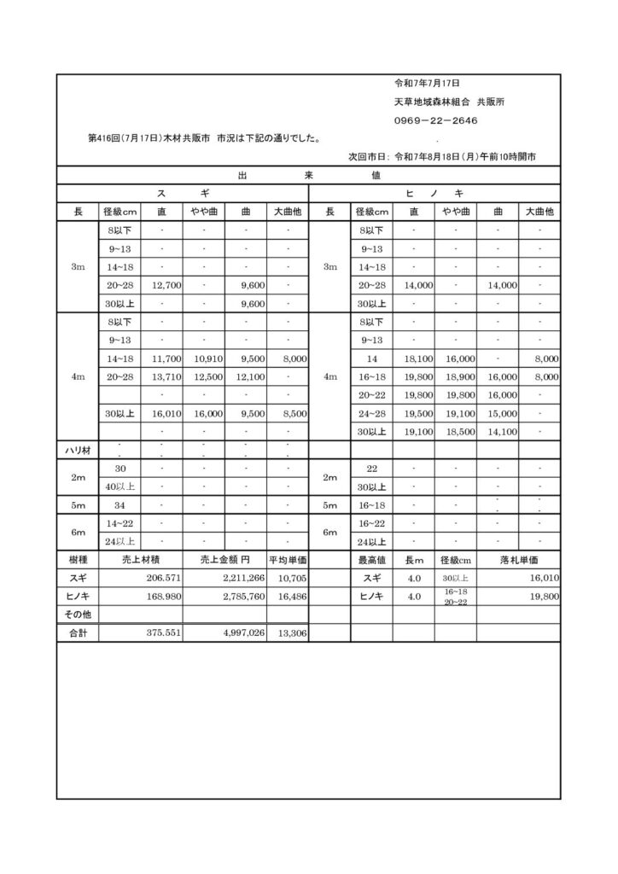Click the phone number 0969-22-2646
pos(435,120)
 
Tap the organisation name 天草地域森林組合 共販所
pos(449,102)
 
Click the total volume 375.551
pos(162,633)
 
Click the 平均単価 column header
pos(288,560)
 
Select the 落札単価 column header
pos(519,560)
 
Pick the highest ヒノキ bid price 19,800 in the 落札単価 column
pos(543,596)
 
